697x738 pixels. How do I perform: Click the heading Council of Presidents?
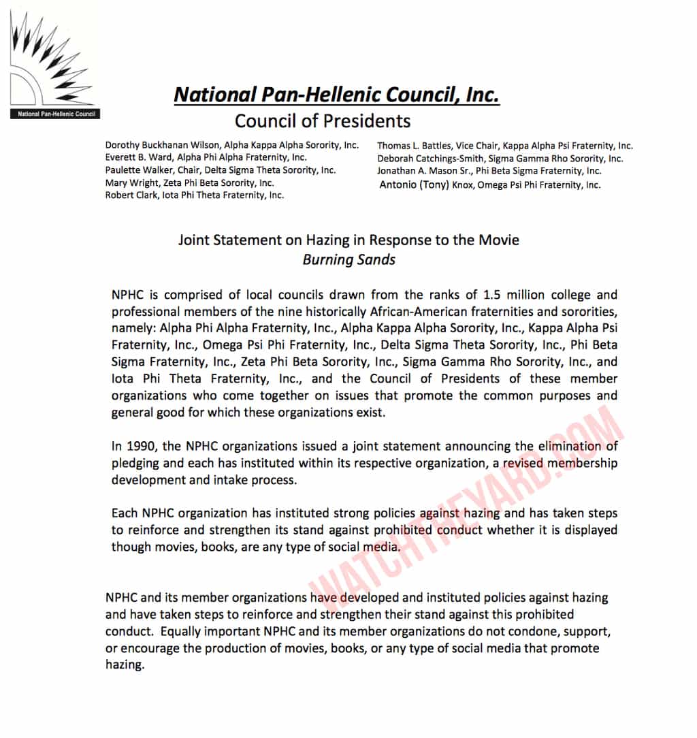pyautogui.click(x=323, y=121)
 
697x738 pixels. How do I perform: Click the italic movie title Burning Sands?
pyautogui.click(x=349, y=259)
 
